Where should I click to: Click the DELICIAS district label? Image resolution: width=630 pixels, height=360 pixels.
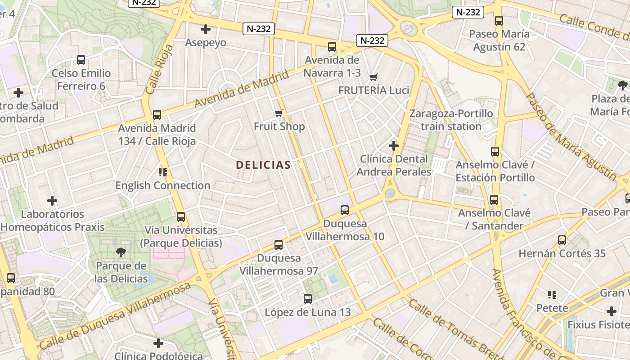click(263, 165)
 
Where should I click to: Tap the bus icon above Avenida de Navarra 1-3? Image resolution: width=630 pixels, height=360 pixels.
click(332, 46)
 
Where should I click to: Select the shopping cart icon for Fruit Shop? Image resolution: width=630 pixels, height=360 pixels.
click(279, 113)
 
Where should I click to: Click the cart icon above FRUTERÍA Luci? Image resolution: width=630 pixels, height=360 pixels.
click(373, 77)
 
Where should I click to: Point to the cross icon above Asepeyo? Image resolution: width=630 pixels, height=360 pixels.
click(206, 30)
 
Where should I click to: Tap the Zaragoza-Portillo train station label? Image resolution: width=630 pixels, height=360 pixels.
click(451, 120)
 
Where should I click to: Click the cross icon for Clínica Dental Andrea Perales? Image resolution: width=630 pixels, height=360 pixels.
click(394, 145)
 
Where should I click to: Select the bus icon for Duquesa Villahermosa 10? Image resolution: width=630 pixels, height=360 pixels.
click(345, 210)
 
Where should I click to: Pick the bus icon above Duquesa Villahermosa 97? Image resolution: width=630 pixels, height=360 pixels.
click(279, 245)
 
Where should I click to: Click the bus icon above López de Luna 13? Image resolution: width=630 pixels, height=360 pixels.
click(308, 298)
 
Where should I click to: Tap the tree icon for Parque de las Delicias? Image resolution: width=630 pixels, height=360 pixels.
click(121, 252)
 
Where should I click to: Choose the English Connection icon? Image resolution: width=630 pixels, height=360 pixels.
click(163, 172)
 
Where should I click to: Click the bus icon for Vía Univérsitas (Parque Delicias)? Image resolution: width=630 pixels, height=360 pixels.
click(181, 216)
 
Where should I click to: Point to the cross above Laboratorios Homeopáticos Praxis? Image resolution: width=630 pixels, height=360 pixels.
click(52, 200)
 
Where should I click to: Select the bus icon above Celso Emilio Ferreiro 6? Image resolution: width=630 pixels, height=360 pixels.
click(81, 59)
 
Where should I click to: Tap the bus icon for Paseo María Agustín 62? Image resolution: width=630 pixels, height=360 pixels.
click(499, 20)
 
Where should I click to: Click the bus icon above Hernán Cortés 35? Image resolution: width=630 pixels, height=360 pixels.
click(562, 240)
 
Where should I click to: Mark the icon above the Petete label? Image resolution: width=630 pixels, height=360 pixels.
click(552, 295)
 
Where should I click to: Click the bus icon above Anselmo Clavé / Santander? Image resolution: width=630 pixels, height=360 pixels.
click(494, 199)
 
